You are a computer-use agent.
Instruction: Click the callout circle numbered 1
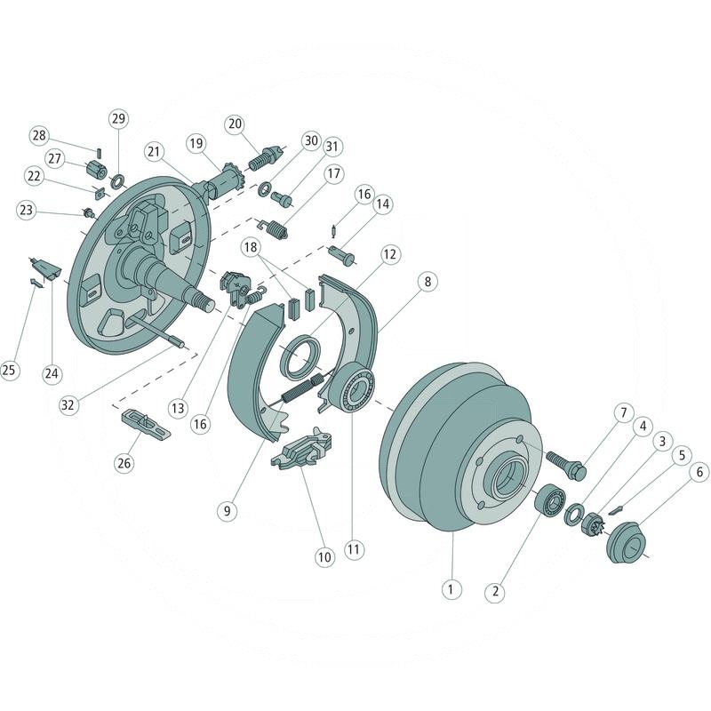tap(451, 588)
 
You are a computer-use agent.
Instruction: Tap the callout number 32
tap(68, 405)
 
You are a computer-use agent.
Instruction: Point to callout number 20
tap(235, 124)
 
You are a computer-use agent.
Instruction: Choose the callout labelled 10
tap(324, 557)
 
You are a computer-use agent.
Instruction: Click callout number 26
tap(124, 462)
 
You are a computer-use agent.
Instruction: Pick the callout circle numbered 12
tap(389, 253)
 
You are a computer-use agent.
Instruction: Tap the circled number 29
tap(118, 118)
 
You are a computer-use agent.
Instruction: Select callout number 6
tap(699, 473)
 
